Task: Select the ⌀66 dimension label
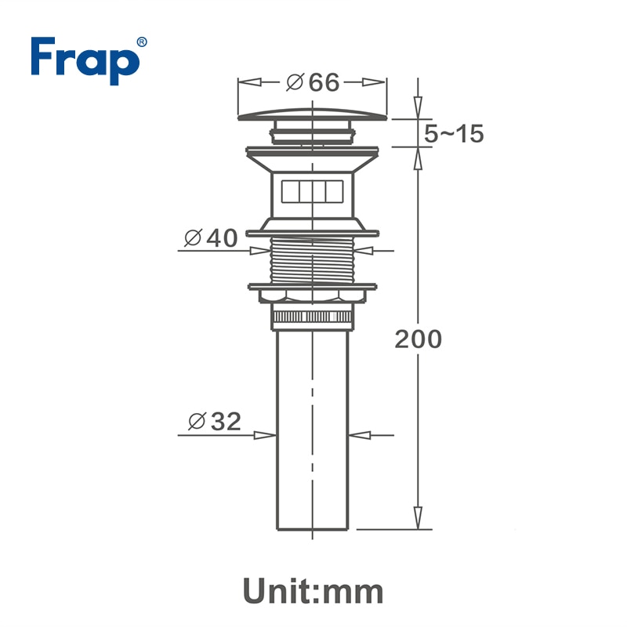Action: pyautogui.click(x=313, y=82)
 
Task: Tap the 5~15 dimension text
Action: pyautogui.click(x=454, y=134)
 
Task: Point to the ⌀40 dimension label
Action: pyautogui.click(x=210, y=237)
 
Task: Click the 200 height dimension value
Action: pyautogui.click(x=418, y=339)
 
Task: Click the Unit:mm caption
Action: pyautogui.click(x=313, y=589)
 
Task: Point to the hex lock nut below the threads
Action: pyautogui.click(x=313, y=295)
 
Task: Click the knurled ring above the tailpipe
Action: pyautogui.click(x=313, y=317)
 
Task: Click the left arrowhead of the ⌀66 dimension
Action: pyautogui.click(x=245, y=82)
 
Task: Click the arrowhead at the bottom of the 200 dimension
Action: pyautogui.click(x=418, y=519)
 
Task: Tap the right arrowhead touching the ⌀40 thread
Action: pyautogui.click(x=369, y=251)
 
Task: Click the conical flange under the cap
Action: pyautogui.click(x=313, y=161)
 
